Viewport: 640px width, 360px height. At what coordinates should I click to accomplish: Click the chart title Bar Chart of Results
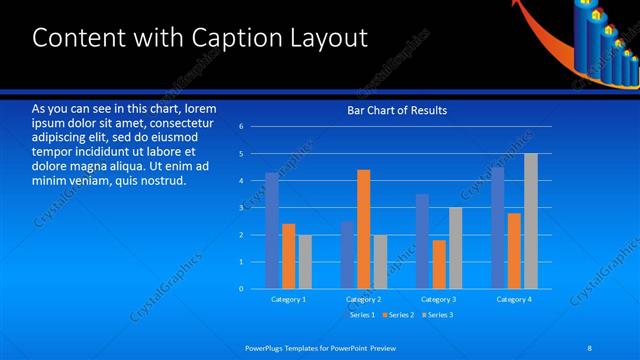[396, 110]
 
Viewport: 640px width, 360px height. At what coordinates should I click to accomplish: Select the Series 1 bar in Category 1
[272, 231]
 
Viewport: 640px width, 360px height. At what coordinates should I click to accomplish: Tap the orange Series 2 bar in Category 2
[364, 229]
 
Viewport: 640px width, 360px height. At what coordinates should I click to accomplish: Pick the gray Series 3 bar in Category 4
[531, 221]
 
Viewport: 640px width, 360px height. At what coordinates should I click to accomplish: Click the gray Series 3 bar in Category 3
[456, 248]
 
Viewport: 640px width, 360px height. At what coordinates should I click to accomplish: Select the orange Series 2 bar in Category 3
[439, 264]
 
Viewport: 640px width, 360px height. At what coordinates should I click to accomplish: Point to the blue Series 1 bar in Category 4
[498, 228]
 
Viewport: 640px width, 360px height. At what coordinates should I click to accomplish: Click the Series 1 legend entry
[360, 315]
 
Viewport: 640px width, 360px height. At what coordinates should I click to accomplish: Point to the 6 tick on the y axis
[241, 127]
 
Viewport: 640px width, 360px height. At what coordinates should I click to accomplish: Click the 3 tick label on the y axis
[241, 208]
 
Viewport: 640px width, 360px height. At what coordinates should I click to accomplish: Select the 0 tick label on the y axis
[241, 289]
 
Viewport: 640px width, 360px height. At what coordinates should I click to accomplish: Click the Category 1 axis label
[288, 299]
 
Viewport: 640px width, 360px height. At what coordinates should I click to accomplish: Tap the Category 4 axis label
[514, 299]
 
